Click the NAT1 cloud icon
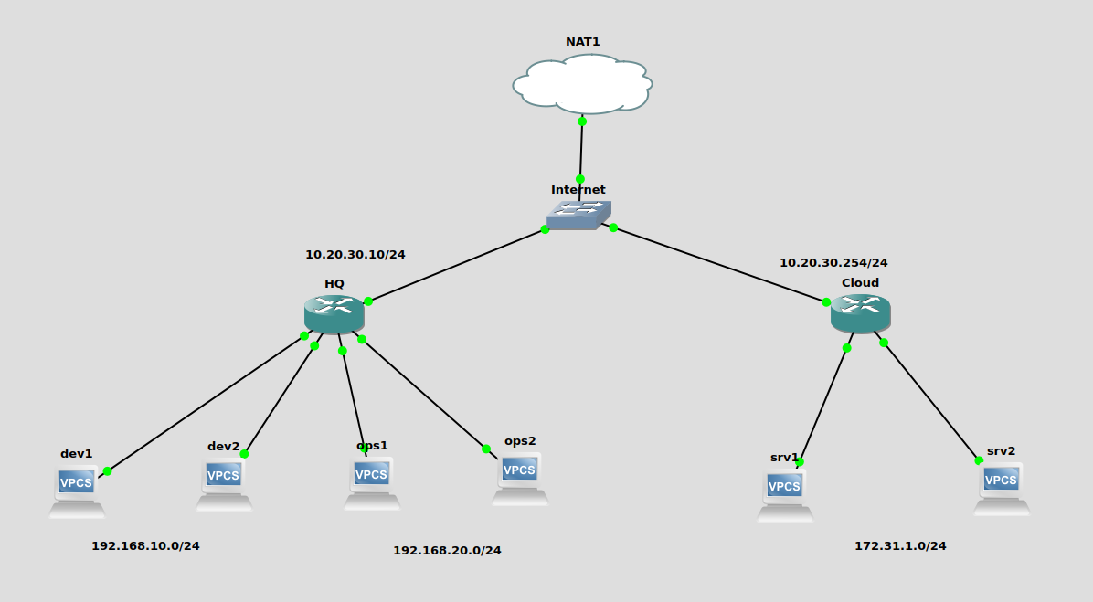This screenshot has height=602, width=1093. click(x=582, y=83)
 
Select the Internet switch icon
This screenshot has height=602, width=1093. click(x=578, y=215)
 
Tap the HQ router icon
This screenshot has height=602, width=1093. click(x=334, y=313)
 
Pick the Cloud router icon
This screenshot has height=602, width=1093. click(x=860, y=312)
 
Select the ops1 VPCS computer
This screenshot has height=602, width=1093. click(x=372, y=481)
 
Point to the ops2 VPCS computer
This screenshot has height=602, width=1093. click(x=520, y=478)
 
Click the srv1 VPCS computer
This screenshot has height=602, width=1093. click(x=785, y=494)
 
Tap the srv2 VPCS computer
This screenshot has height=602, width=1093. click(x=1002, y=488)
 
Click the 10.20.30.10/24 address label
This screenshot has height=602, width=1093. click(x=355, y=255)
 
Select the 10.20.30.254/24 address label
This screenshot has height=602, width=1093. click(x=833, y=263)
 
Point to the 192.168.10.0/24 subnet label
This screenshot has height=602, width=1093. click(x=145, y=546)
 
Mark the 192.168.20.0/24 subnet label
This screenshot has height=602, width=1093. click(x=447, y=551)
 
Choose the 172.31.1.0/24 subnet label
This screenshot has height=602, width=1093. click(x=900, y=546)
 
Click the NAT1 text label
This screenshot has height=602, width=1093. click(x=583, y=42)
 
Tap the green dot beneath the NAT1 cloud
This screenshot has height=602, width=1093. click(x=582, y=121)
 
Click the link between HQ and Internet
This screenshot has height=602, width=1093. click(x=457, y=265)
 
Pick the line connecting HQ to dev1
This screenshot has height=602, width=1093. click(x=206, y=404)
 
